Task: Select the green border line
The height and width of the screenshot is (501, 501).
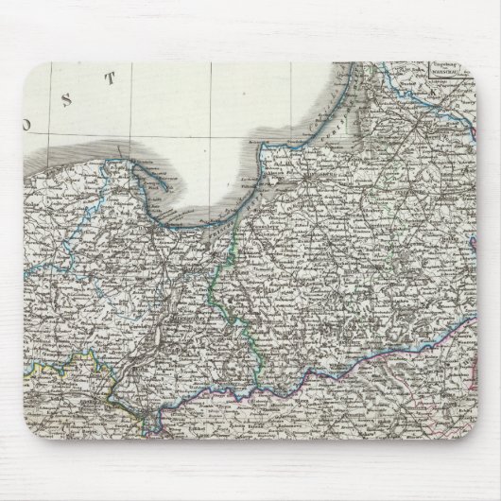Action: click(224, 284)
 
